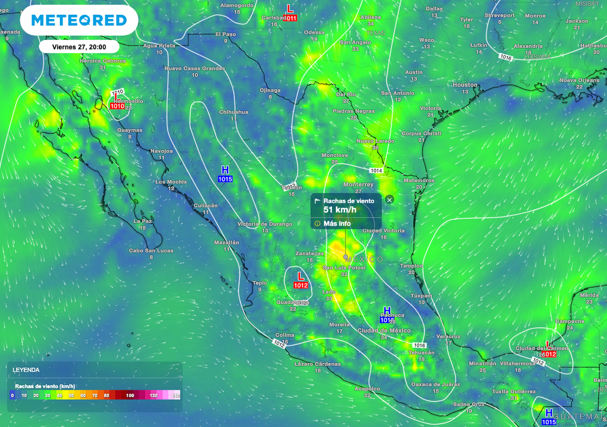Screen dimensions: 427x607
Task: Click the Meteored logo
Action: [x=79, y=21]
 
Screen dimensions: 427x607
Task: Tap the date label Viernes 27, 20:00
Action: [x=79, y=46]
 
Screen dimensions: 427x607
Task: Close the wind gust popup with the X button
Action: [x=389, y=200]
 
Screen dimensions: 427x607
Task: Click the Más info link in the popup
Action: [x=337, y=224]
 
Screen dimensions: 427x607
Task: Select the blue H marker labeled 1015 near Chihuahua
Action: [x=225, y=174]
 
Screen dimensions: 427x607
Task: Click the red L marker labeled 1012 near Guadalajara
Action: [x=301, y=281]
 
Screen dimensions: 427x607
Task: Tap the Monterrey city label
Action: [x=358, y=184]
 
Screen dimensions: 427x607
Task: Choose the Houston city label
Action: [x=465, y=85]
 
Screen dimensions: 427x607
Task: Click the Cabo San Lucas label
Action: [x=151, y=250]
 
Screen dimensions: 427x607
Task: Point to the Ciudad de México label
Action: [x=384, y=330]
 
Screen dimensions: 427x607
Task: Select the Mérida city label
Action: [x=589, y=295]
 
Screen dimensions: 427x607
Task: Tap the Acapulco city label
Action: [x=367, y=388]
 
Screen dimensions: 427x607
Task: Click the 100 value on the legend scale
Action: [x=130, y=395]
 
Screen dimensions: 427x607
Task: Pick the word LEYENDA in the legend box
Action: [x=26, y=369]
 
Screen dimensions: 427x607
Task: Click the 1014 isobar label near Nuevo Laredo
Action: [x=376, y=171]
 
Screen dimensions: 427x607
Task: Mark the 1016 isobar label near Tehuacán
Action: [x=419, y=345]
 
